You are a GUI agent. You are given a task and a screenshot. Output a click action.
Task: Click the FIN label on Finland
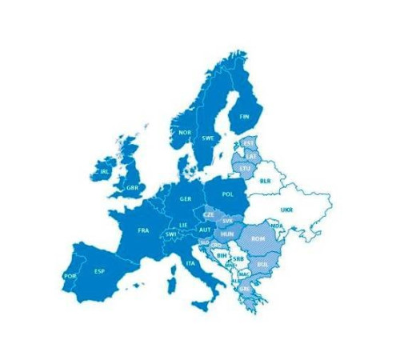click(x=245, y=116)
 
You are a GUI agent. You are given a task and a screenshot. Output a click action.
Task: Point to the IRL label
click(x=105, y=171)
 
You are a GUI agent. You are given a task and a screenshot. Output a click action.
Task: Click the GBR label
click(x=132, y=187)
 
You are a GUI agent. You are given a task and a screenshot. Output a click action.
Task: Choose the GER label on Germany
click(x=186, y=198)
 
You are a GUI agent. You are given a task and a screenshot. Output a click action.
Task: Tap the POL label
click(x=228, y=194)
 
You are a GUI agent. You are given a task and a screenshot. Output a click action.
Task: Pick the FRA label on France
click(x=143, y=230)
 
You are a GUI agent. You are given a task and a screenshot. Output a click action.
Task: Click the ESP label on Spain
click(x=99, y=271)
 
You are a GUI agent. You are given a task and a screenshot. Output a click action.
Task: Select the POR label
click(x=69, y=276)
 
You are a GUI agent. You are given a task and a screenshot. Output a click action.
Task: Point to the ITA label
click(x=190, y=263)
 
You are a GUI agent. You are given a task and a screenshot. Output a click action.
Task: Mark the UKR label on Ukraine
click(x=286, y=210)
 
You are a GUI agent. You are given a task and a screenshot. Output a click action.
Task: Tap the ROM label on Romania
click(x=258, y=238)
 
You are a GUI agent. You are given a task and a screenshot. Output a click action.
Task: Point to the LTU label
click(x=245, y=169)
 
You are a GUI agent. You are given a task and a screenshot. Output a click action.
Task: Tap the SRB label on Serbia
click(x=238, y=259)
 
